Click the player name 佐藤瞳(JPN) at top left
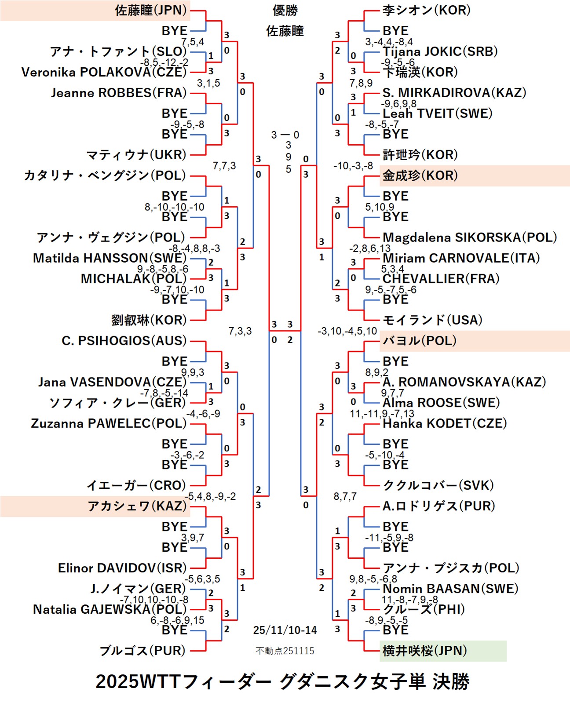(x=151, y=10)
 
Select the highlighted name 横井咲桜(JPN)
(x=424, y=651)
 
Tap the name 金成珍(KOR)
(x=420, y=176)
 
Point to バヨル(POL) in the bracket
(x=419, y=341)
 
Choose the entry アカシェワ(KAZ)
(x=137, y=506)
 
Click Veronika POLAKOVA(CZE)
(x=104, y=72)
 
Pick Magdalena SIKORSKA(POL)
(x=470, y=238)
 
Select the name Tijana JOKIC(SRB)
(x=440, y=51)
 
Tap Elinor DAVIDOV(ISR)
(x=122, y=568)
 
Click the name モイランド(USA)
(x=432, y=320)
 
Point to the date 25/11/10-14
(x=285, y=630)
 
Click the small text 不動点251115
(x=285, y=651)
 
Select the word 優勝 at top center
(x=285, y=10)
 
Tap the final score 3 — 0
(x=285, y=135)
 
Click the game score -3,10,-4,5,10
(x=347, y=331)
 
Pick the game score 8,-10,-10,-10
(x=175, y=207)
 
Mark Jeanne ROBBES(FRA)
(x=119, y=93)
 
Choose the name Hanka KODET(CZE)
(x=445, y=424)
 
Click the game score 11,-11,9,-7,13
(x=382, y=414)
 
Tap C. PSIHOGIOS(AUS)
(x=124, y=341)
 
